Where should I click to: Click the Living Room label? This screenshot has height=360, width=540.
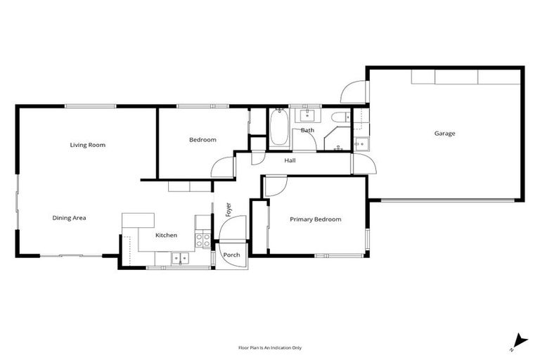87,145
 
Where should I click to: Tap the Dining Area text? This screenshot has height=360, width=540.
69,218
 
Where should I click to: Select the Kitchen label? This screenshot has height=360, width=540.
166,236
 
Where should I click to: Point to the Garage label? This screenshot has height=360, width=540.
444,133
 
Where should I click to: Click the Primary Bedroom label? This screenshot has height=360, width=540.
316,219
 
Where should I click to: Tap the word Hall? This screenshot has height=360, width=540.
290,161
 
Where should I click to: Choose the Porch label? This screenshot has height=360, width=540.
231,255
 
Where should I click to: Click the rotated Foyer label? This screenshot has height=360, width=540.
228,209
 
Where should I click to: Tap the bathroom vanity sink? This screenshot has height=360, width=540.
308,115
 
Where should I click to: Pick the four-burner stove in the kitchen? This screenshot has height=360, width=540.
203,240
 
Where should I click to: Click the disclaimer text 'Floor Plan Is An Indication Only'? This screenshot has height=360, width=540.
269,347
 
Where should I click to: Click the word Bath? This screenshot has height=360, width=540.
307,130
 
